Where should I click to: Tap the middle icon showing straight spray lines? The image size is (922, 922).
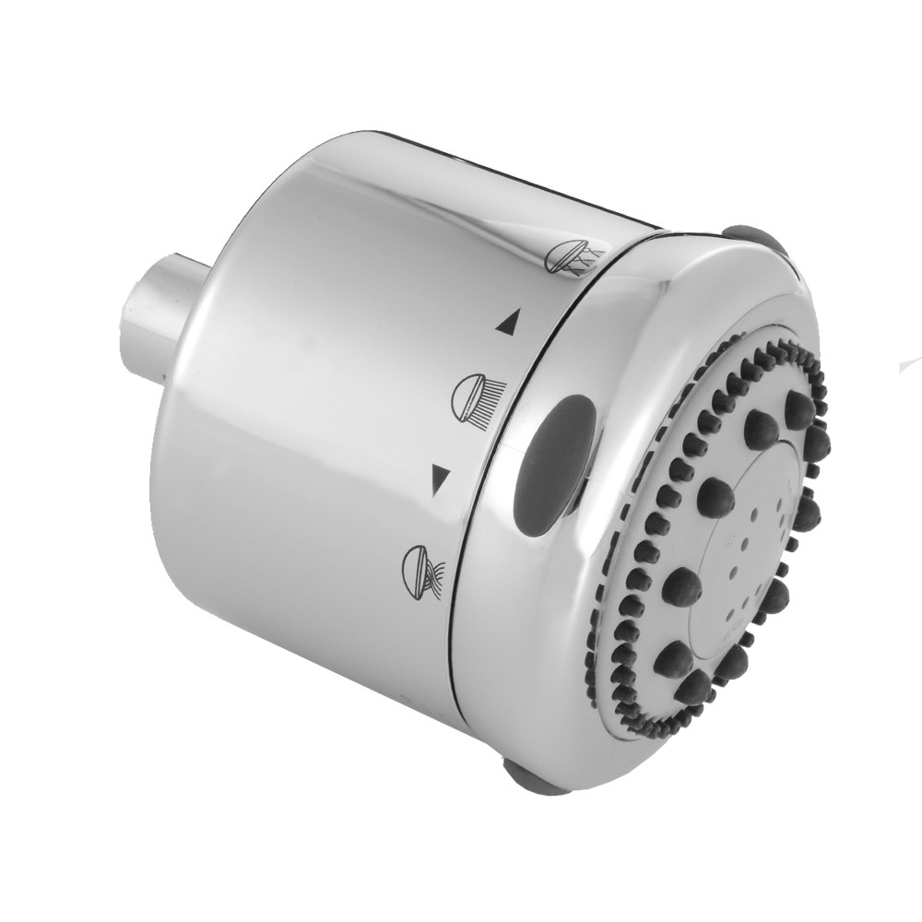click(x=472, y=396)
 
